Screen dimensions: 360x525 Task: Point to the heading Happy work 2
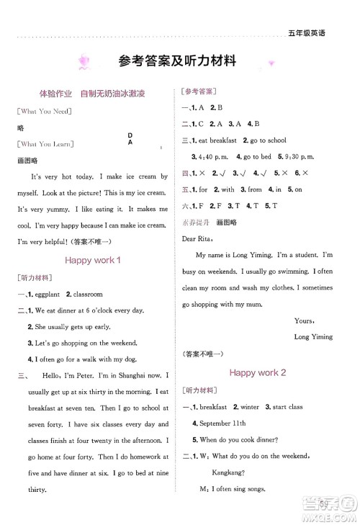pos(258,372)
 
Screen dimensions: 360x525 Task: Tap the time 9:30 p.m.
pos(306,156)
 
